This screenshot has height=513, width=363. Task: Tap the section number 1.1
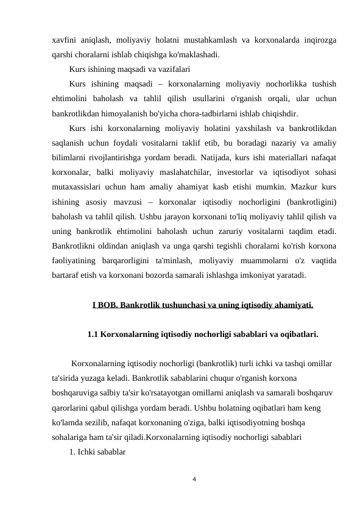click(x=93, y=334)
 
